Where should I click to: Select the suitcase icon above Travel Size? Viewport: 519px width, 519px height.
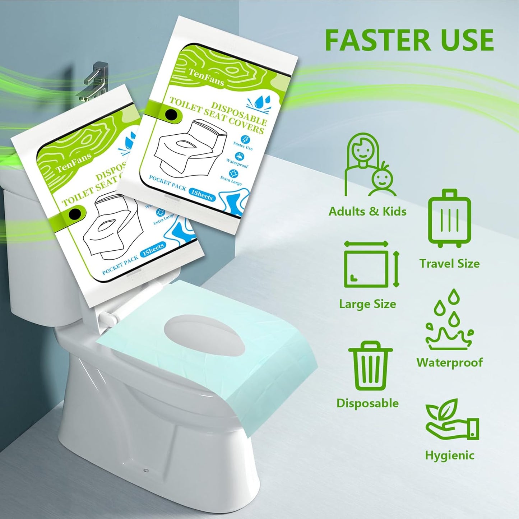pyautogui.click(x=449, y=218)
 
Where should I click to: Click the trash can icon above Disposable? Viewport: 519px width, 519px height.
pyautogui.click(x=370, y=366)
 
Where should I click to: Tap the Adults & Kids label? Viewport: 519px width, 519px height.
pyautogui.click(x=367, y=211)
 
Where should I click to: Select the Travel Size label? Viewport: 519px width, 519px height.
pyautogui.click(x=449, y=264)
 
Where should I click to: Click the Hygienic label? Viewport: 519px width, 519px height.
pyautogui.click(x=450, y=455)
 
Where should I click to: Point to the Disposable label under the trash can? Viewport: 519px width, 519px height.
pyautogui.click(x=367, y=403)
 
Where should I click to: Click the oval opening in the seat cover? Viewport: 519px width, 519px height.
pyautogui.click(x=204, y=335)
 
